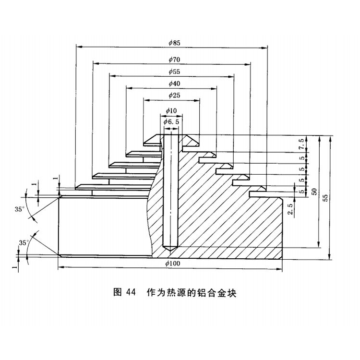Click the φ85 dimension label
pyautogui.click(x=174, y=43)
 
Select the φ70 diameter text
pyautogui.click(x=174, y=60)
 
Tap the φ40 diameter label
pyautogui.click(x=174, y=84)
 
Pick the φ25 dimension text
pyautogui.click(x=174, y=96)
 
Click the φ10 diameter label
pyautogui.click(x=171, y=111)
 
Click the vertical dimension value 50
pyautogui.click(x=314, y=191)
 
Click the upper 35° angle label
pyautogui.click(x=19, y=209)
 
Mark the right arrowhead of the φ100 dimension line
pyautogui.click(x=280, y=268)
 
